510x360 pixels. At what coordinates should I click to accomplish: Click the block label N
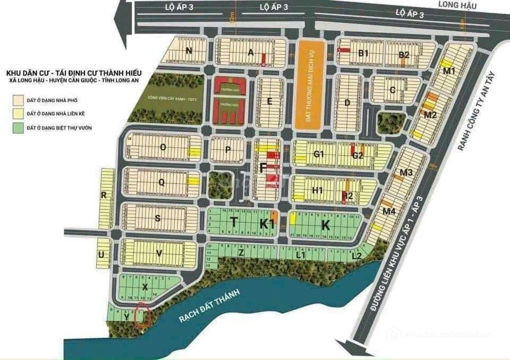(188, 51)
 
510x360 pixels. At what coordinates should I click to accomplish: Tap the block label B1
(363, 53)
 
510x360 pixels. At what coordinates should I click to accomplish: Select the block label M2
(430, 115)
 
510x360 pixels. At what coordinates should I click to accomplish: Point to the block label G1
(319, 155)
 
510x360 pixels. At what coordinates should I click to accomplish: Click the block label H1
(318, 190)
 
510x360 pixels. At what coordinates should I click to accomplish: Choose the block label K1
(267, 224)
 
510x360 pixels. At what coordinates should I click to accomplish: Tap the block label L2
(357, 256)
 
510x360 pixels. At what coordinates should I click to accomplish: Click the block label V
(159, 253)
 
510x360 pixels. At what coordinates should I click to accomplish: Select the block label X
(144, 287)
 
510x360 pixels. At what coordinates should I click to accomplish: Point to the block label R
(104, 195)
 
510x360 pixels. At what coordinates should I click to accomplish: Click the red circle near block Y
(143, 317)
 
